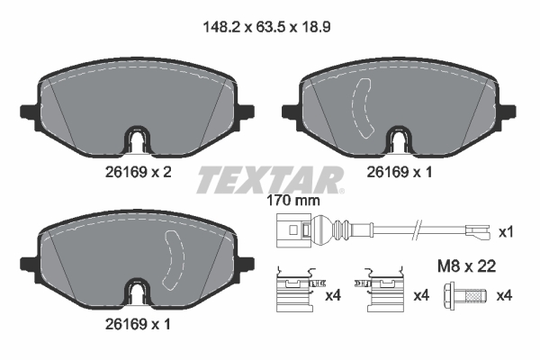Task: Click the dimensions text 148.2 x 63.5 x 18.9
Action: (x=269, y=27)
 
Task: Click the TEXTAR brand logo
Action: (x=270, y=179)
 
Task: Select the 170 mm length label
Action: (x=293, y=202)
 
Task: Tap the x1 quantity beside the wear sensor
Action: (x=507, y=232)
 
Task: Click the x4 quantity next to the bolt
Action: (x=507, y=295)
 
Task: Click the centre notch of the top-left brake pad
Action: (x=135, y=141)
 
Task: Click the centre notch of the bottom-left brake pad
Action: (x=135, y=293)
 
